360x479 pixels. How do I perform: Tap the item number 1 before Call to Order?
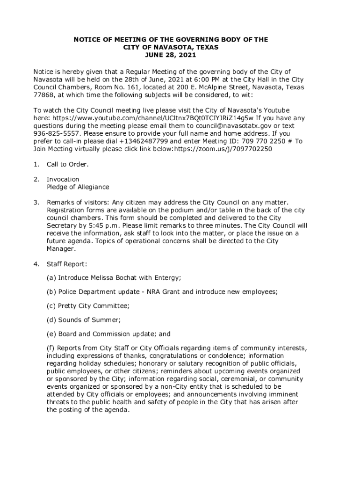point(36,164)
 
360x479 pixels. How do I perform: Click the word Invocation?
point(63,179)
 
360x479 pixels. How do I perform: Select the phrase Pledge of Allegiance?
point(78,187)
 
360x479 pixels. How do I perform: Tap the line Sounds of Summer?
point(89,320)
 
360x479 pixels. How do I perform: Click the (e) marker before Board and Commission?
point(51,334)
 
